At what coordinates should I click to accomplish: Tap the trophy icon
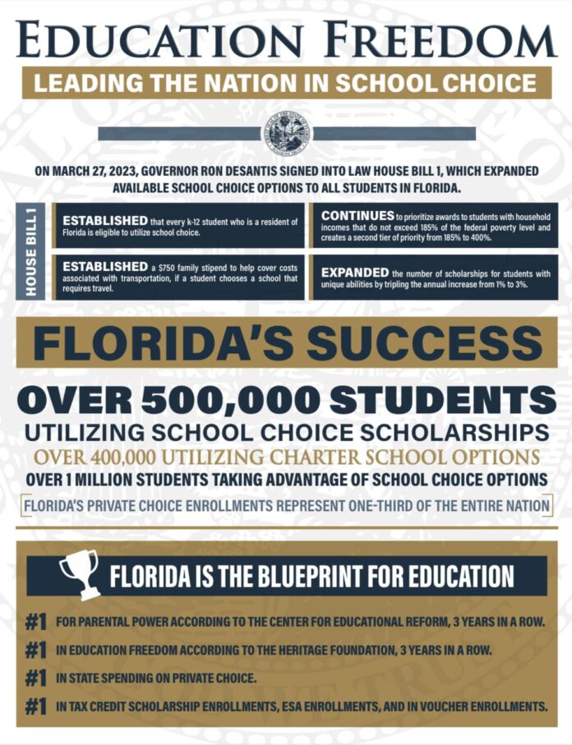80,573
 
